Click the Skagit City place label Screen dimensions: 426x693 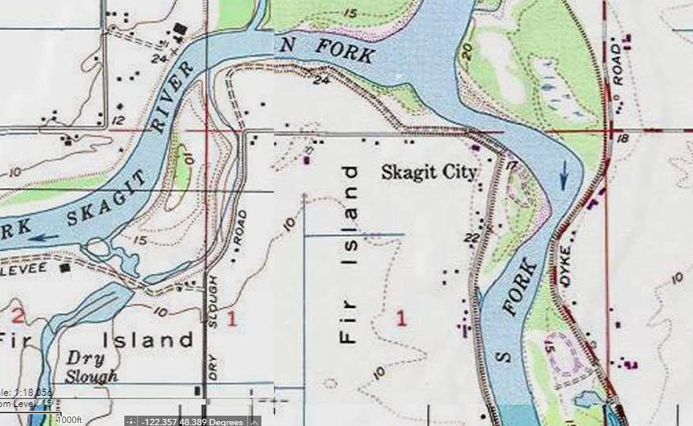click(x=428, y=172)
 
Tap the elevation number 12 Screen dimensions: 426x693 click(x=120, y=120)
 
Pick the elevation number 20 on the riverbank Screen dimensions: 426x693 click(x=466, y=52)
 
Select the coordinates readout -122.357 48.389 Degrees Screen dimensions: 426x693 click(x=191, y=420)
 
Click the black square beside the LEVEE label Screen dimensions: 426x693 click(x=66, y=268)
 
